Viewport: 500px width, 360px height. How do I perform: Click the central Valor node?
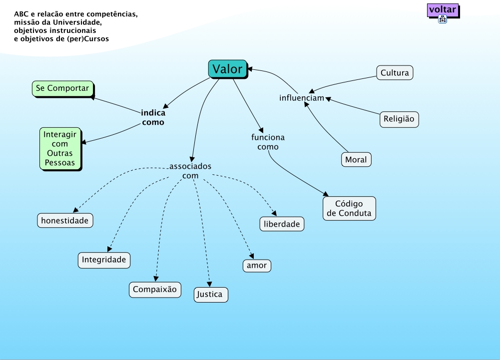(227, 69)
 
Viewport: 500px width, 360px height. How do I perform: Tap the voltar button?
(443, 9)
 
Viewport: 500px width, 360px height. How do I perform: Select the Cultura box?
(395, 73)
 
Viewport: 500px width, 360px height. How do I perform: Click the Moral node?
(356, 160)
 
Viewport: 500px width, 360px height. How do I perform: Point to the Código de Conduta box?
(349, 209)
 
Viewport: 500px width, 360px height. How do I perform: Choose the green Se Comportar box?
(62, 88)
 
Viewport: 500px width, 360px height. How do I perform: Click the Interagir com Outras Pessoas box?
(59, 149)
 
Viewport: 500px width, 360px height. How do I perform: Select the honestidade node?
(65, 220)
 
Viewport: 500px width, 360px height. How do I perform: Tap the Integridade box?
(104, 260)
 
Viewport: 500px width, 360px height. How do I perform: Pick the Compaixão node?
(155, 289)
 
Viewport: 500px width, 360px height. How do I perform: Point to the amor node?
(257, 266)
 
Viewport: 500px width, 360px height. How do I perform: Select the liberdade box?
(282, 224)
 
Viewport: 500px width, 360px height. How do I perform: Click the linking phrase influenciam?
(302, 97)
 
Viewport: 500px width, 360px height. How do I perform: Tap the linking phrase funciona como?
(268, 142)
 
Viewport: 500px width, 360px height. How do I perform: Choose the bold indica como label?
(153, 117)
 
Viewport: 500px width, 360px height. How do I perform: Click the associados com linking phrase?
(190, 171)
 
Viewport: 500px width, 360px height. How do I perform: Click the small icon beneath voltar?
(443, 19)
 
